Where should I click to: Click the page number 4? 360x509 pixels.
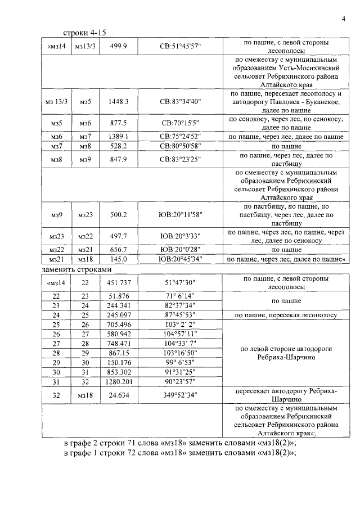(x=343, y=20)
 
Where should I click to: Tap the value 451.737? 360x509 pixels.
(x=119, y=282)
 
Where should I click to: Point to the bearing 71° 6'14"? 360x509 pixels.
(x=180, y=296)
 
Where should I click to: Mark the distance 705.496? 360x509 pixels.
(x=119, y=325)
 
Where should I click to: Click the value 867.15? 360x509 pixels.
(x=119, y=353)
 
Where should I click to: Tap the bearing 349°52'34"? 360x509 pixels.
(x=180, y=395)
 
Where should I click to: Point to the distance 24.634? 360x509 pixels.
(x=119, y=395)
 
